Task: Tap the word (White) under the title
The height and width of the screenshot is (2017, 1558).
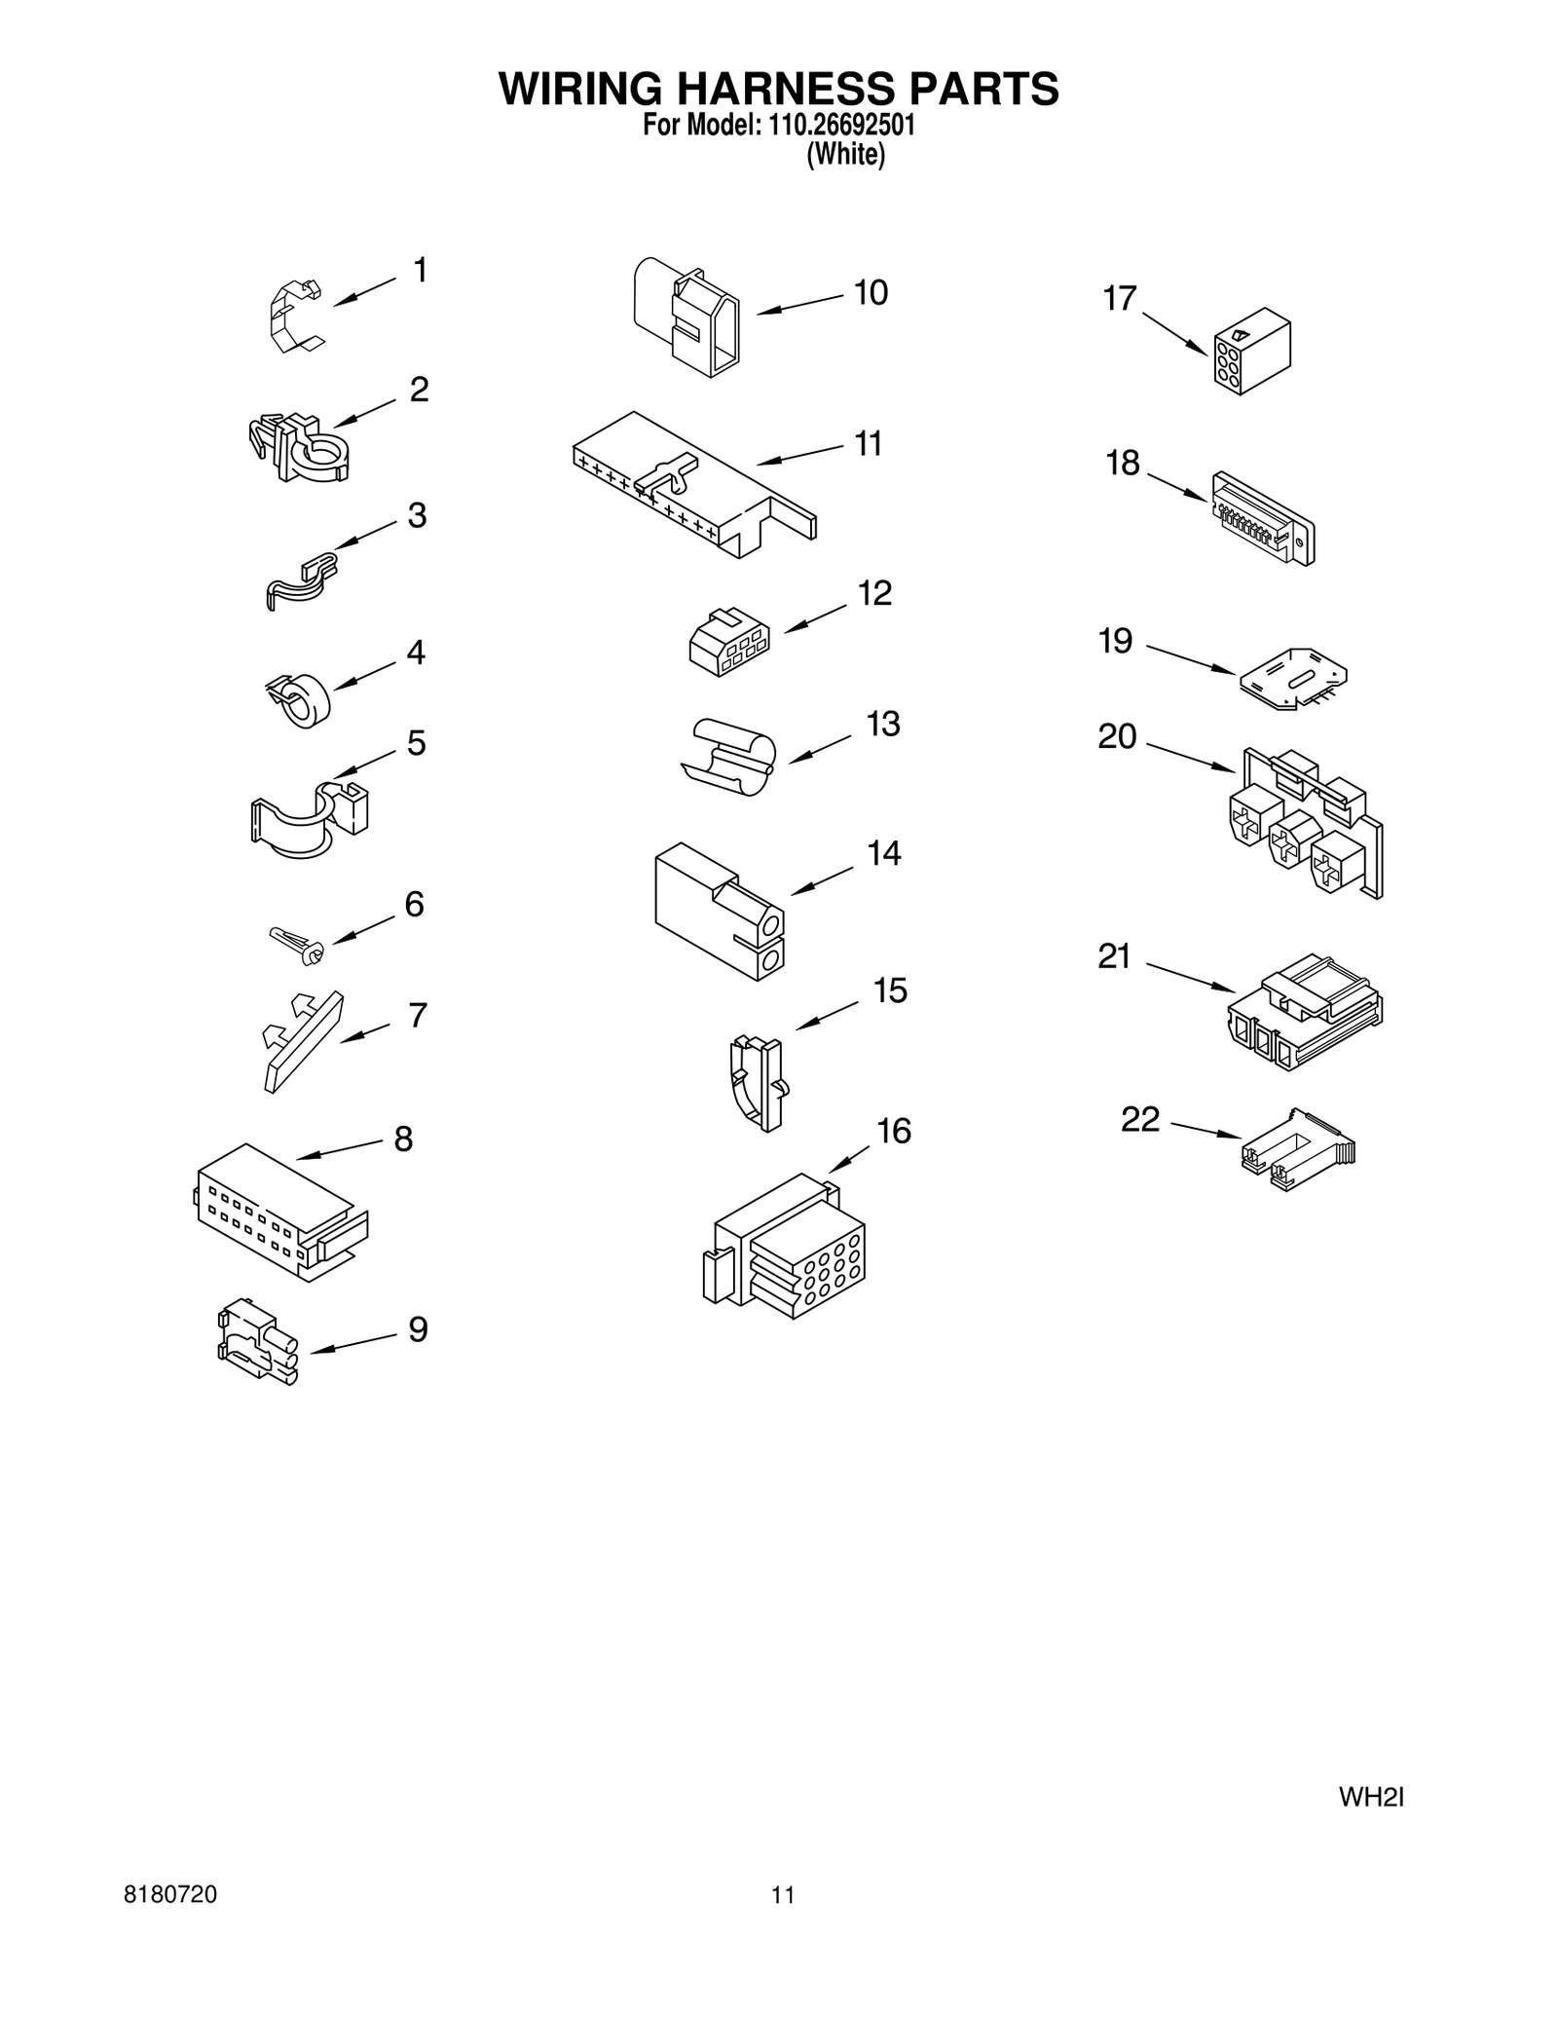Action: pyautogui.click(x=845, y=155)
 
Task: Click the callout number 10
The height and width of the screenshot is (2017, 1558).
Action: pyautogui.click(x=871, y=293)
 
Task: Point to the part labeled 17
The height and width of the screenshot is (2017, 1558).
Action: pyautogui.click(x=1251, y=352)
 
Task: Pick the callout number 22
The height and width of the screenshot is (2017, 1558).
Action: pyautogui.click(x=1140, y=1120)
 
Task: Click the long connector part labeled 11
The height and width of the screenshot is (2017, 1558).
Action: pyautogui.click(x=694, y=484)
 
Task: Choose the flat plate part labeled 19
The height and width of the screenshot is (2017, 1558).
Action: pyautogui.click(x=1293, y=678)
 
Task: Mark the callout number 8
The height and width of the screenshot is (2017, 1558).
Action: pyautogui.click(x=403, y=1139)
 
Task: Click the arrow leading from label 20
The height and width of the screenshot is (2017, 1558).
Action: pyautogui.click(x=1190, y=759)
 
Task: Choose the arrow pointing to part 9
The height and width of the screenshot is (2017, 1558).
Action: pyautogui.click(x=352, y=1342)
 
